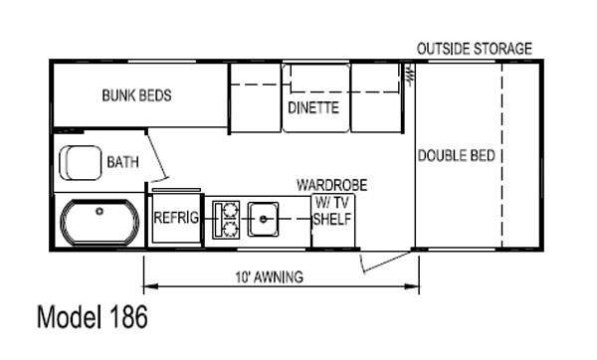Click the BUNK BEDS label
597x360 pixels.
coord(136,95)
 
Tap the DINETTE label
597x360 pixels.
coord(313,107)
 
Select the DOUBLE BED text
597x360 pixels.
coord(457,155)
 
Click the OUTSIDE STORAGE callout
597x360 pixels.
coord(475,49)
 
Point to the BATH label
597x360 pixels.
coord(122,162)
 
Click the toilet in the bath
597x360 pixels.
coord(81,162)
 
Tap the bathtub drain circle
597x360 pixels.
coord(99,211)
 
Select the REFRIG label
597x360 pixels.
coord(176,218)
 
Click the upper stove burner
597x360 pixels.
coord(230,209)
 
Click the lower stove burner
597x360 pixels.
coord(230,229)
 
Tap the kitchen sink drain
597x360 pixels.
coord(263,219)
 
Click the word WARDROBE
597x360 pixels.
coord(332,185)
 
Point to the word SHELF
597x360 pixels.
coord(332,219)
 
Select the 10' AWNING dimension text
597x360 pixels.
coord(270,277)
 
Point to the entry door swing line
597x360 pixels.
coord(387,262)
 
